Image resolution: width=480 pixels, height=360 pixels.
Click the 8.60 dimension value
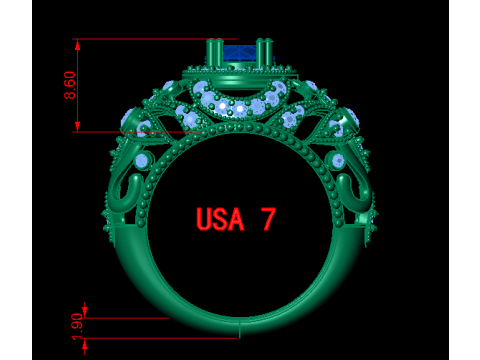click(x=70, y=85)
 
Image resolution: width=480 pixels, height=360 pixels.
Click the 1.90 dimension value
click(x=77, y=326)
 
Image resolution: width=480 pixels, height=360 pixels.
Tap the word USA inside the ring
click(x=220, y=219)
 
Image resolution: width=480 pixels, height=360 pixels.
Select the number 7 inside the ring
click(x=268, y=219)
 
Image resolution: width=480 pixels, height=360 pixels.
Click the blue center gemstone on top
click(x=239, y=53)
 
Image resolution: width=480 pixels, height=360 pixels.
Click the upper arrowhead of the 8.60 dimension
click(x=78, y=45)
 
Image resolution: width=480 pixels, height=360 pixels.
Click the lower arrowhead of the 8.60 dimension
click(x=78, y=126)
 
